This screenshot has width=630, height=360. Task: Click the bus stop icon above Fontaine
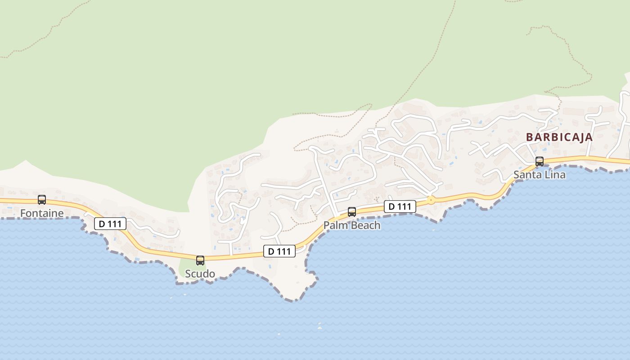click(42, 199)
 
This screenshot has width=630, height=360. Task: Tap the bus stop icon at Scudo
click(200, 260)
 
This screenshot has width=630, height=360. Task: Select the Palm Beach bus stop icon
click(352, 211)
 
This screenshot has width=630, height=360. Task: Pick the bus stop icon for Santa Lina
click(540, 161)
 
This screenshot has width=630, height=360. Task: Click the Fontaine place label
click(42, 213)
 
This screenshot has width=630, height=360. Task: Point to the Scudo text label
click(200, 274)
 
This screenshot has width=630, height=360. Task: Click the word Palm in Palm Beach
click(334, 225)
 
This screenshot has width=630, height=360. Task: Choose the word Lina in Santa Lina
click(555, 175)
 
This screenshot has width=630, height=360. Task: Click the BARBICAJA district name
click(559, 137)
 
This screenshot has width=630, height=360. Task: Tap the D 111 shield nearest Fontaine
click(110, 224)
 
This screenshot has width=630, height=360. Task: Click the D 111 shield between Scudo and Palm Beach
click(279, 251)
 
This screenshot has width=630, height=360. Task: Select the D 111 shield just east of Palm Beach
click(400, 207)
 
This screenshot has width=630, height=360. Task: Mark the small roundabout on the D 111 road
click(431, 200)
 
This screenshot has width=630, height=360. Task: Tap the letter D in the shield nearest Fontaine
click(102, 224)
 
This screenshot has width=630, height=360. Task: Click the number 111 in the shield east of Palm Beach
click(404, 207)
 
